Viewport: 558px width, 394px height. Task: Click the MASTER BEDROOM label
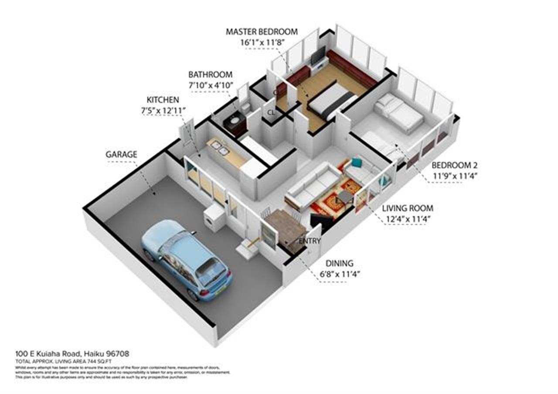[x=262, y=32]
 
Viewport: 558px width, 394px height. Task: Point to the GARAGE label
[x=121, y=154]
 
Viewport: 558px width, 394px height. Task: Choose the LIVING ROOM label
[x=408, y=208]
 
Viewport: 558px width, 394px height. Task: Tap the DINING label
[x=340, y=263]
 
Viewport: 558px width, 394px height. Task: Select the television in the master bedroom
[x=318, y=55]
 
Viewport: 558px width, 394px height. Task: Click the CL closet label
[x=271, y=112]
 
